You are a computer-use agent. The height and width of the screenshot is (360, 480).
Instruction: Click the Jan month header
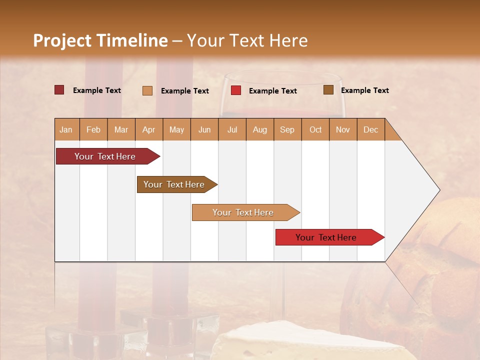point(66,130)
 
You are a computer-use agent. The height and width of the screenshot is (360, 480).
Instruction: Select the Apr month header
point(149,130)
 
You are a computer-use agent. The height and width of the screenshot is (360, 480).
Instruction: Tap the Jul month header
point(232,130)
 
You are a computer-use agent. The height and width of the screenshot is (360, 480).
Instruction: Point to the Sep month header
point(287,130)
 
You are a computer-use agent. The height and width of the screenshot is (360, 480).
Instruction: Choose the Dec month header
point(370,130)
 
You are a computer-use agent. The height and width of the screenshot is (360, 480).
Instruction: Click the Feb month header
point(93,130)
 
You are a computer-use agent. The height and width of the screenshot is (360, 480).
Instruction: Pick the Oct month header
point(315,130)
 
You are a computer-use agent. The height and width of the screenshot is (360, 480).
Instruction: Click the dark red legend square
point(59,90)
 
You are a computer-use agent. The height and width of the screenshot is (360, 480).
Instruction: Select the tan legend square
point(147,90)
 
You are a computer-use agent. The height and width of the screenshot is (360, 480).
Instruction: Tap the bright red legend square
point(236,90)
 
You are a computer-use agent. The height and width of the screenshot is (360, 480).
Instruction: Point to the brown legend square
point(328,90)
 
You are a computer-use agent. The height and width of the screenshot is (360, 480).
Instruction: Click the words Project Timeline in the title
point(100,40)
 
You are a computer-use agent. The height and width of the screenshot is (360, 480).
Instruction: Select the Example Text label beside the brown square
point(364,90)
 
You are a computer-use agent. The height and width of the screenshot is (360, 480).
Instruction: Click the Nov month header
point(343,130)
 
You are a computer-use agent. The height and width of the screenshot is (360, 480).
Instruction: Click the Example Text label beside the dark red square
point(97,90)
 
